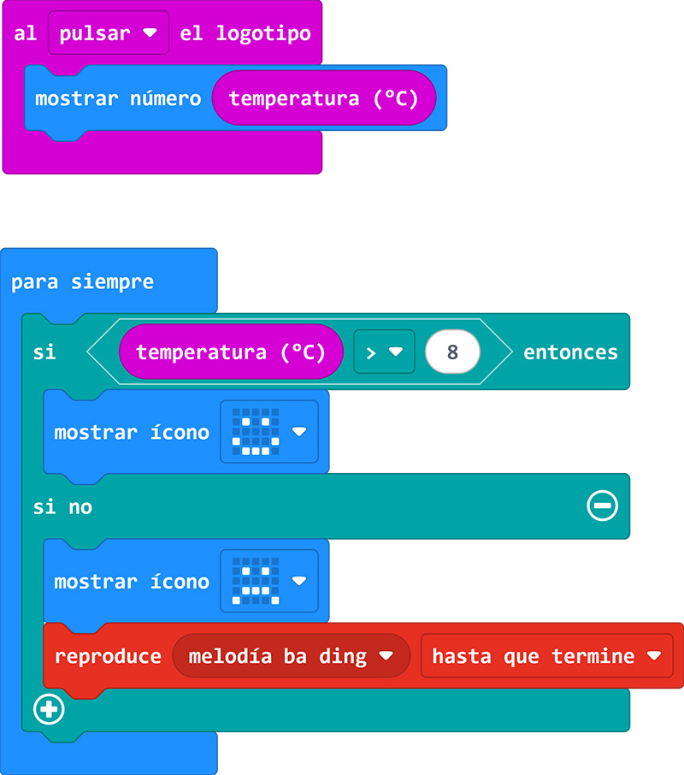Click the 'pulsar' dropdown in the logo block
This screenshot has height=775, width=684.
pyautogui.click(x=108, y=34)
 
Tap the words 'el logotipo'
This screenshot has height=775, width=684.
pyautogui.click(x=245, y=34)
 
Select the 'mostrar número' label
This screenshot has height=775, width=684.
pyautogui.click(x=118, y=98)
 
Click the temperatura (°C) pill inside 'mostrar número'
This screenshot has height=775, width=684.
pyautogui.click(x=324, y=98)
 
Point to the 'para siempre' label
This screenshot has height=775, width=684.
pyautogui.click(x=82, y=282)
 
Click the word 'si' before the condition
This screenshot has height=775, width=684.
pyautogui.click(x=44, y=352)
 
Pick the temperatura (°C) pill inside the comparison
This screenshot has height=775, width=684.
pyautogui.click(x=231, y=352)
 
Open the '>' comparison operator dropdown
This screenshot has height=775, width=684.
pyautogui.click(x=384, y=352)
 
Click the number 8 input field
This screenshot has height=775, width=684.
pyautogui.click(x=452, y=352)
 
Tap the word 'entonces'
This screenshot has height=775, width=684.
pyautogui.click(x=570, y=352)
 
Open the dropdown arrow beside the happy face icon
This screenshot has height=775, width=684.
pyautogui.click(x=298, y=432)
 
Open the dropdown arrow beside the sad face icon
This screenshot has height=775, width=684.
pyautogui.click(x=298, y=581)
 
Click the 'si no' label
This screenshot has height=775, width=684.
pyautogui.click(x=62, y=507)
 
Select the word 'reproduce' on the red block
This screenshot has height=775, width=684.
pyautogui.click(x=108, y=656)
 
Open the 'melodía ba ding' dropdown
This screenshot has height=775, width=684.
pyautogui.click(x=291, y=656)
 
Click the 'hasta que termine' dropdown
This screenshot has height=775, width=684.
pyautogui.click(x=546, y=656)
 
